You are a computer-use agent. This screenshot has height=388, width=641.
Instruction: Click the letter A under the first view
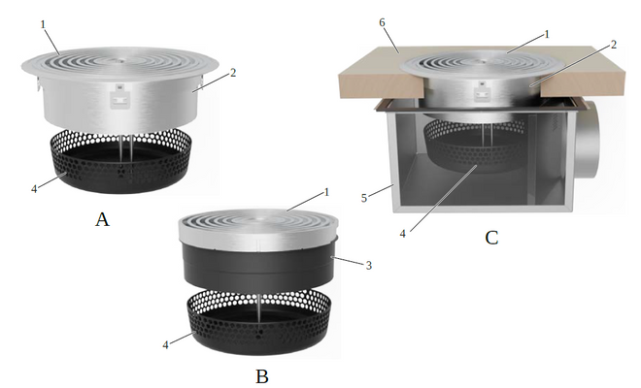pos(102,220)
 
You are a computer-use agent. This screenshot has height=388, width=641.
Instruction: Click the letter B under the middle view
pos(261,375)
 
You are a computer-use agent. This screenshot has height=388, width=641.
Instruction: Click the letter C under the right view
pos(491,236)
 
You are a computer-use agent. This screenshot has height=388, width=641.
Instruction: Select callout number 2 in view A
pos(233,73)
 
